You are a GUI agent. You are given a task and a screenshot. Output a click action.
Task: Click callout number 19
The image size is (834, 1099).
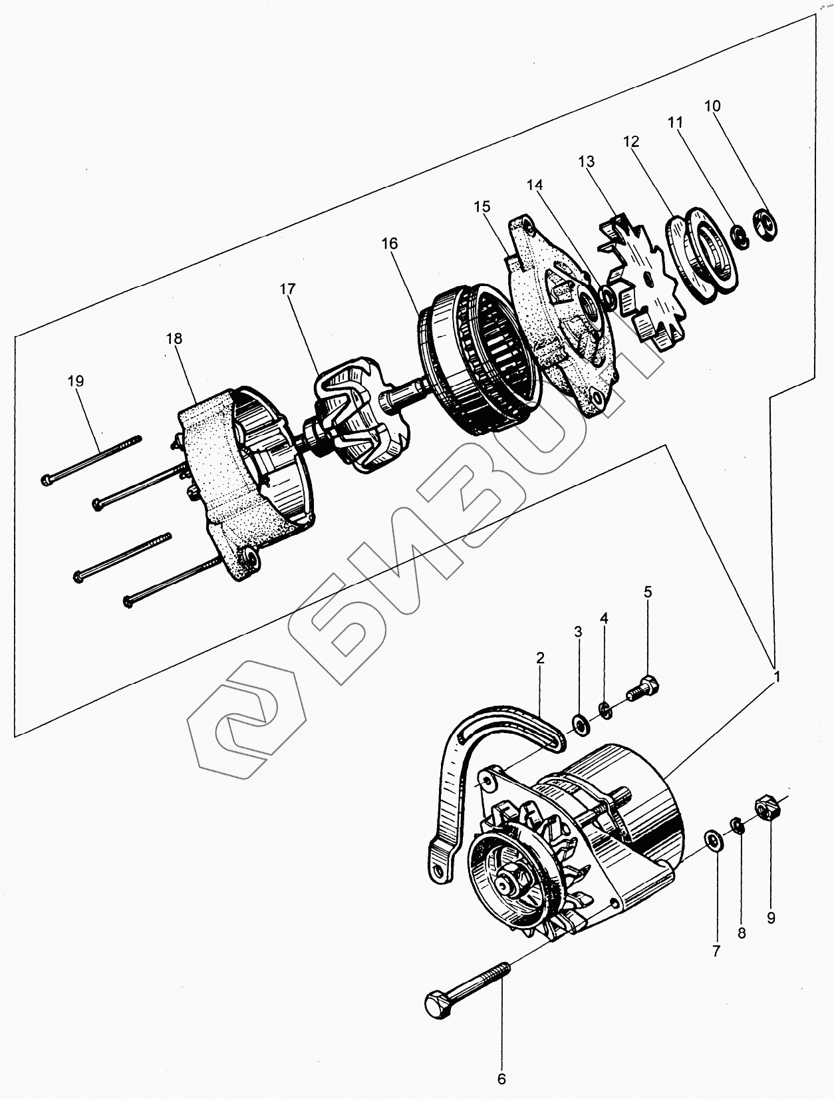[76, 381]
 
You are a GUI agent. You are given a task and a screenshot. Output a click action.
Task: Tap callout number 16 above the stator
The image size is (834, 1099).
[390, 243]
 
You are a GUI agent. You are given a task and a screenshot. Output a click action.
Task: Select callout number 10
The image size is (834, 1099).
[712, 106]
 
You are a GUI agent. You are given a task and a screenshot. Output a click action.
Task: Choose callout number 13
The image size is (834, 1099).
[587, 162]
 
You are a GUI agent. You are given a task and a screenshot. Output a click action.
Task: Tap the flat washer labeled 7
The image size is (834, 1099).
[714, 840]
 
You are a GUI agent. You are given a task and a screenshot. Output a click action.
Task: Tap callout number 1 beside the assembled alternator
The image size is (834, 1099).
[776, 677]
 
